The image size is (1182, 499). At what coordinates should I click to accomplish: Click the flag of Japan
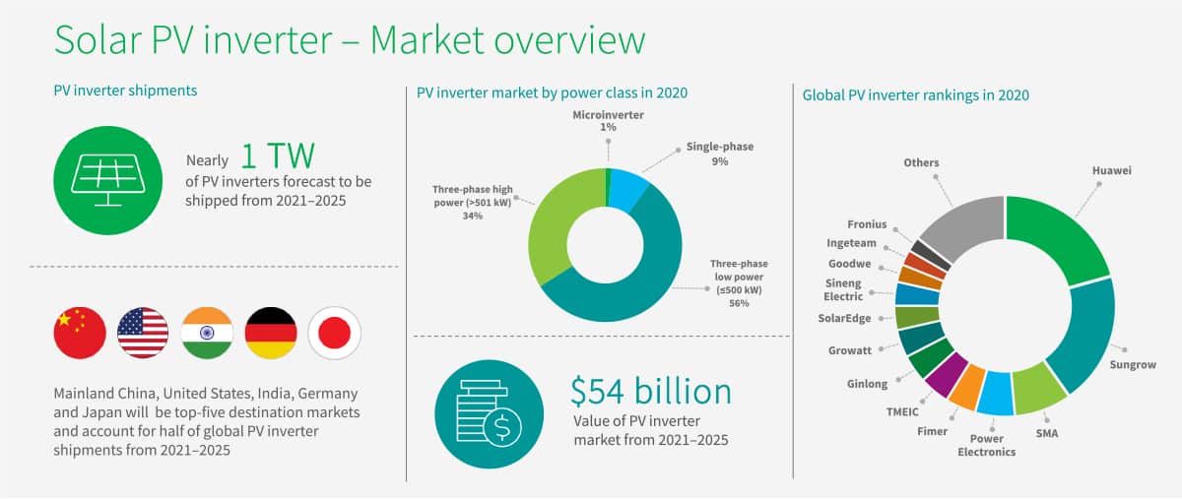(x=335, y=334)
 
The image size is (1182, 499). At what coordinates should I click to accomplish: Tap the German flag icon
(x=271, y=334)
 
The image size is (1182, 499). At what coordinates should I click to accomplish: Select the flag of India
(x=207, y=334)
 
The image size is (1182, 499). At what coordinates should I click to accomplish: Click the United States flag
(x=143, y=334)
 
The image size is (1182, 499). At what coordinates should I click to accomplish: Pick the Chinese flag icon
(x=80, y=334)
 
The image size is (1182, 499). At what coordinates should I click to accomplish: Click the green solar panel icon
(x=108, y=180)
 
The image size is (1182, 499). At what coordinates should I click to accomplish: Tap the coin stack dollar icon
(x=490, y=414)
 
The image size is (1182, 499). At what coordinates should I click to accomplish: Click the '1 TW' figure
(x=278, y=156)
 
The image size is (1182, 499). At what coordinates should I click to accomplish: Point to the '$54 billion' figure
(x=651, y=392)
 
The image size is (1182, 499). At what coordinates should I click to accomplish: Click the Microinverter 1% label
(x=608, y=121)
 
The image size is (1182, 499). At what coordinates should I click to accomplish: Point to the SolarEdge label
(x=844, y=318)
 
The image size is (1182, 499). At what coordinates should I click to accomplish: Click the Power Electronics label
(x=986, y=445)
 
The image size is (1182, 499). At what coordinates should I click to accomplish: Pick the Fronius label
(x=867, y=224)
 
